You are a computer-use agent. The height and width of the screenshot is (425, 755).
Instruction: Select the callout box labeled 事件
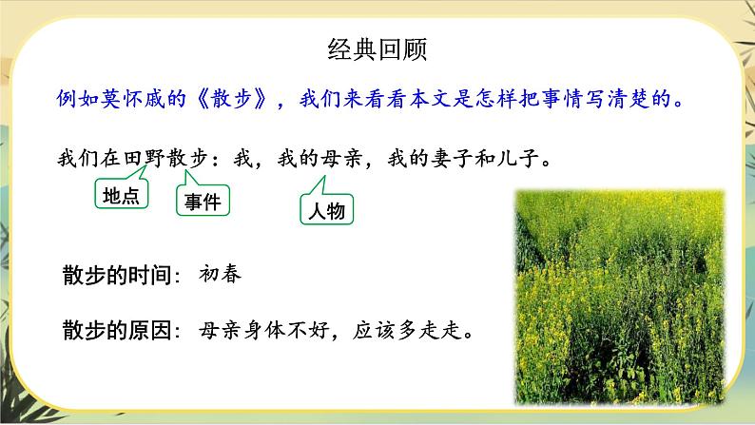click(x=203, y=201)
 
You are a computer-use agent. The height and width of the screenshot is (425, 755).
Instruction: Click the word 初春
click(x=221, y=276)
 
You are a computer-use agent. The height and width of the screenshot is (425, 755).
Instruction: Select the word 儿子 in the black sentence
click(x=528, y=159)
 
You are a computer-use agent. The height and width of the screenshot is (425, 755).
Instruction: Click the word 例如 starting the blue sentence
click(x=74, y=99)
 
